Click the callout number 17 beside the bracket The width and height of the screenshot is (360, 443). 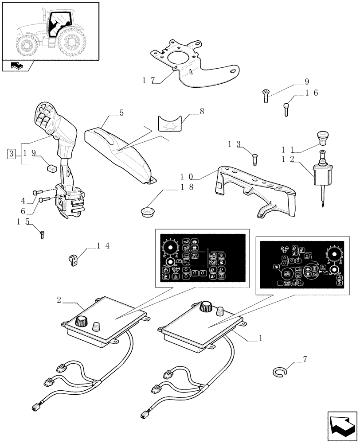click(148, 81)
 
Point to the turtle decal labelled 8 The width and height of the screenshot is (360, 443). click(170, 124)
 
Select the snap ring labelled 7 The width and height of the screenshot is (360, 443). click(279, 373)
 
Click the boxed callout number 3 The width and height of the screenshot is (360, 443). click(11, 154)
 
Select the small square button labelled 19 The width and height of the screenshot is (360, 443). click(51, 167)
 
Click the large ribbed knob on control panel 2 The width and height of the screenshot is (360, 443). click(82, 321)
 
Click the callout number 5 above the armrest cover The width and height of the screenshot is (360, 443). click(121, 113)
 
